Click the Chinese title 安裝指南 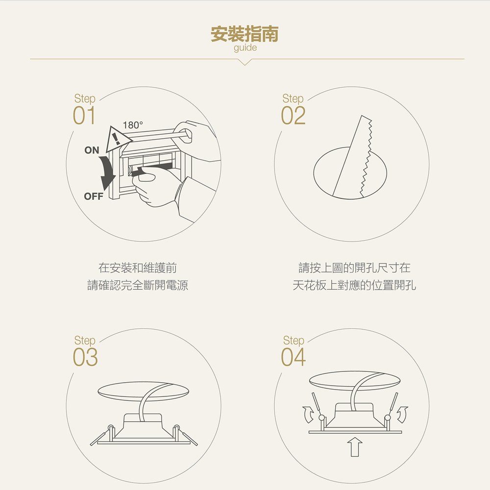(245, 34)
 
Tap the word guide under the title (245, 48)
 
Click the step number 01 (84, 115)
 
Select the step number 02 (293, 115)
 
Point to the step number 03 (85, 357)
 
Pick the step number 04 (293, 357)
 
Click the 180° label (133, 125)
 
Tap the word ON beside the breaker (92, 150)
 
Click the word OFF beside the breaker (94, 196)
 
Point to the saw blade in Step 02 (352, 157)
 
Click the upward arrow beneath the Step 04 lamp (355, 447)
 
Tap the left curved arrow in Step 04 (308, 415)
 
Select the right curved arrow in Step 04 (402, 415)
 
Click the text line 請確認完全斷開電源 (138, 285)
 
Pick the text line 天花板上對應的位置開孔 (354, 285)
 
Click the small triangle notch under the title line (245, 62)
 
